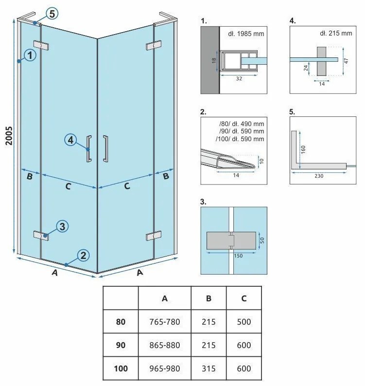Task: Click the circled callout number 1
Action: click(x=30, y=55)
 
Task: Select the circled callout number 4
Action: click(x=70, y=140)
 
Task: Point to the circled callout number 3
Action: click(x=62, y=226)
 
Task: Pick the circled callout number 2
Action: click(x=83, y=255)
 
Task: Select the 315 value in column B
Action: click(x=209, y=368)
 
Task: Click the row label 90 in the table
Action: click(x=121, y=345)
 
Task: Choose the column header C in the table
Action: click(x=243, y=298)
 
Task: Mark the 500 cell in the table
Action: click(x=243, y=322)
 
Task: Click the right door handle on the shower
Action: click(x=105, y=147)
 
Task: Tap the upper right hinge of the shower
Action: click(x=153, y=45)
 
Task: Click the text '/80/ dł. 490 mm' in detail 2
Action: click(x=242, y=123)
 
